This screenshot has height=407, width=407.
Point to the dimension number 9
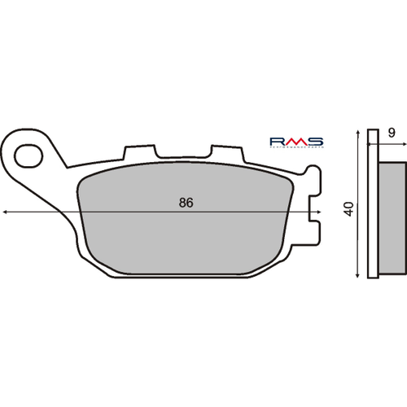click(x=392, y=132)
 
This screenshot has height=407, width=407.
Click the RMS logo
click(x=295, y=142)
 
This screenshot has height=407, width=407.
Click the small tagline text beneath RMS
click(x=295, y=149)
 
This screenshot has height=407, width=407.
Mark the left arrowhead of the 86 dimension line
click(x=7, y=212)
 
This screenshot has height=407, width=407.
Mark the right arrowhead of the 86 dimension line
click(x=318, y=212)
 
